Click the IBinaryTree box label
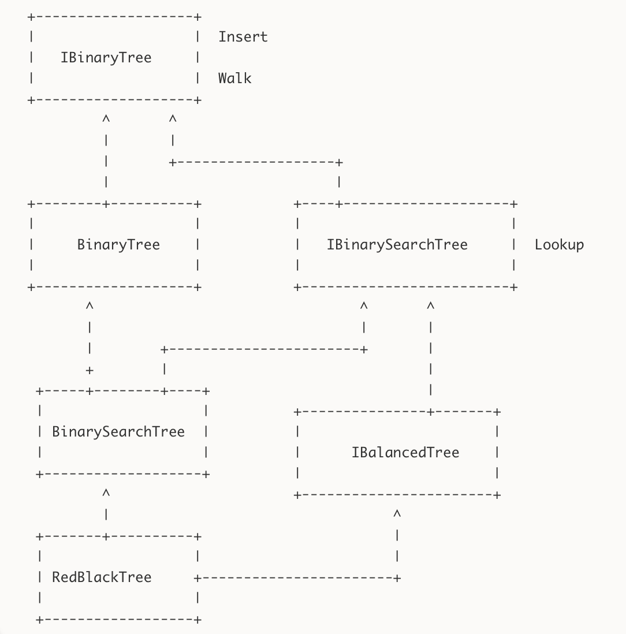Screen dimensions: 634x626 tap(106, 58)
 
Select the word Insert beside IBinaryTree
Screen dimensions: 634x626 tap(243, 37)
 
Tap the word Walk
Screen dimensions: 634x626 tap(234, 79)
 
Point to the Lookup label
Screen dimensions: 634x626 tap(559, 245)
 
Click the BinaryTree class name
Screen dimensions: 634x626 tap(118, 245)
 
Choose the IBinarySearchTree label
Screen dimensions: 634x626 tap(397, 245)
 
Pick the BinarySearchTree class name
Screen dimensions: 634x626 tap(118, 432)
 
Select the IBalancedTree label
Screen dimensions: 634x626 tap(405, 453)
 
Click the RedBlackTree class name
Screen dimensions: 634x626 tap(102, 577)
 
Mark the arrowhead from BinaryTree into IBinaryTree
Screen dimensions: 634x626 tap(106, 119)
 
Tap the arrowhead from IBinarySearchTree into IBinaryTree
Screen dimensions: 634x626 tap(173, 119)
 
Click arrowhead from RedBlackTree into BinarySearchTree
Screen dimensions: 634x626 tap(106, 493)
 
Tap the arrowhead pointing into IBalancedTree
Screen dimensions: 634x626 tap(397, 514)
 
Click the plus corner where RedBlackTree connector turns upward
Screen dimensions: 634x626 tap(397, 577)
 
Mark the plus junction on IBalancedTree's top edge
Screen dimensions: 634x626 tap(430, 412)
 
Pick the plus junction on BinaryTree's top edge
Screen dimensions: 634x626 tap(106, 204)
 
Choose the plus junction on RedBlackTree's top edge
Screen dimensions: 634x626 tap(106, 536)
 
